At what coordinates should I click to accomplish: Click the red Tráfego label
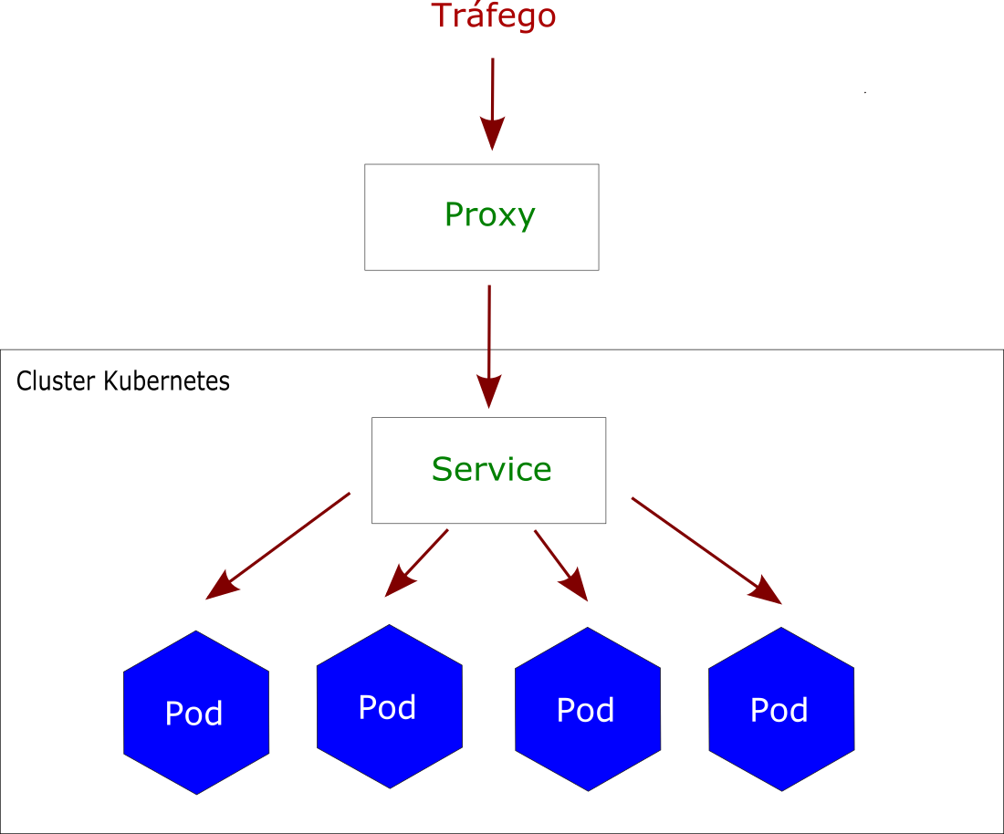493,16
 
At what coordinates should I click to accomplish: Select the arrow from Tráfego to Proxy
493,100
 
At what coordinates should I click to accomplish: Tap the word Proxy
489,215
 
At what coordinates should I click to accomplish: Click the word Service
491,470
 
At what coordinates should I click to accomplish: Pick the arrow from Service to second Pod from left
418,562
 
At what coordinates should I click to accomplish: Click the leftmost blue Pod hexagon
196,713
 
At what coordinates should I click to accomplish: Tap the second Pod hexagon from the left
389,707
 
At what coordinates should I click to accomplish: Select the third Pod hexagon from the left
587,709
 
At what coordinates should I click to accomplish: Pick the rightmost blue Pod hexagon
781,709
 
